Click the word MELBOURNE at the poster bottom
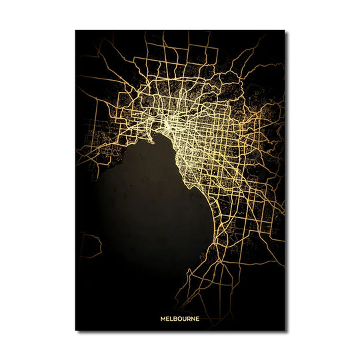180,318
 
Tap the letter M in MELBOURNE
163,318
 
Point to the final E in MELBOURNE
197,318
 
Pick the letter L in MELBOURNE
172,318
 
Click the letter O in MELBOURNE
181,318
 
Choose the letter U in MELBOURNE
185,318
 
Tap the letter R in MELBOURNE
189,318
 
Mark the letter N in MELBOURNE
193,318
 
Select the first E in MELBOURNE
168,318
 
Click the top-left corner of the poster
75,30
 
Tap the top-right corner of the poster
285,30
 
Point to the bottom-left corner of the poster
75,330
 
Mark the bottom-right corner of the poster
285,330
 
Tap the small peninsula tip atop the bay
153,140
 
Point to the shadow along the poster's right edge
287,180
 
